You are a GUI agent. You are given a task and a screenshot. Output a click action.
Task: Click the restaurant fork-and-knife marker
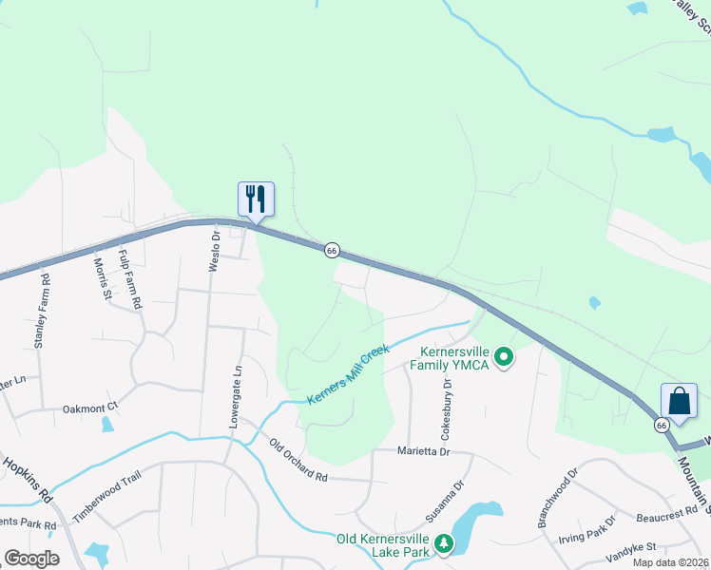[255, 199]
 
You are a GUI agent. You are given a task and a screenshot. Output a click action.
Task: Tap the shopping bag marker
[679, 400]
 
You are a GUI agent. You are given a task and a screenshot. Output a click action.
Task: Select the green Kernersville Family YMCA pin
[505, 358]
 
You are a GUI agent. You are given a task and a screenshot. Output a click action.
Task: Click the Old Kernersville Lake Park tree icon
[443, 543]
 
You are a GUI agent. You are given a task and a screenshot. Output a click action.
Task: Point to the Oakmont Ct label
[89, 408]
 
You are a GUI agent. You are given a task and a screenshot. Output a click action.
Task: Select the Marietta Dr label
[424, 452]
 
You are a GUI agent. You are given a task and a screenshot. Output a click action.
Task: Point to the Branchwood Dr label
[557, 498]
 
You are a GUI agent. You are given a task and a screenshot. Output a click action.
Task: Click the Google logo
[30, 559]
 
